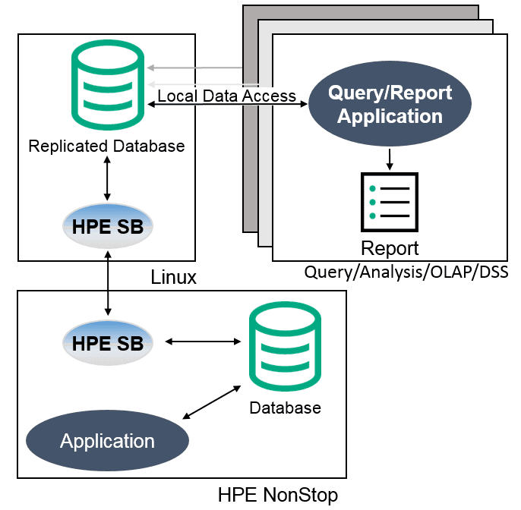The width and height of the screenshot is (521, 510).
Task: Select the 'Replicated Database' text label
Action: [x=106, y=146]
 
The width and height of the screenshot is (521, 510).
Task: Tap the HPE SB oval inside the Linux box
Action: [x=107, y=225]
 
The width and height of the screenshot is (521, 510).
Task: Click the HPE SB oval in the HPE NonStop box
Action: [x=107, y=342]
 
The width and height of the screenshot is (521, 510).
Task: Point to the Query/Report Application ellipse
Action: [x=390, y=105]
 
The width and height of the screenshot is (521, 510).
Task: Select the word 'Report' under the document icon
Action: [x=390, y=248]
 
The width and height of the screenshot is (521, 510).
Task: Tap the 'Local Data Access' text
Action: [x=226, y=96]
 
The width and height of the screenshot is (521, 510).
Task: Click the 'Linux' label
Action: [x=173, y=278]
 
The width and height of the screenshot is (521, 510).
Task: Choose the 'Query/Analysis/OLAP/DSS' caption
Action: [x=406, y=271]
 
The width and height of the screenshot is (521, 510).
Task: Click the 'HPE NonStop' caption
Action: [x=277, y=495]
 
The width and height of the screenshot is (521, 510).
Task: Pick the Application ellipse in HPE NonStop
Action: [x=107, y=441]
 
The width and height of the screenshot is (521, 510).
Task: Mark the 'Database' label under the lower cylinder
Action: [x=285, y=408]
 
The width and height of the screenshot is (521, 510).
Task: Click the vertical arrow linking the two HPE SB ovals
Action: [x=107, y=284]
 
